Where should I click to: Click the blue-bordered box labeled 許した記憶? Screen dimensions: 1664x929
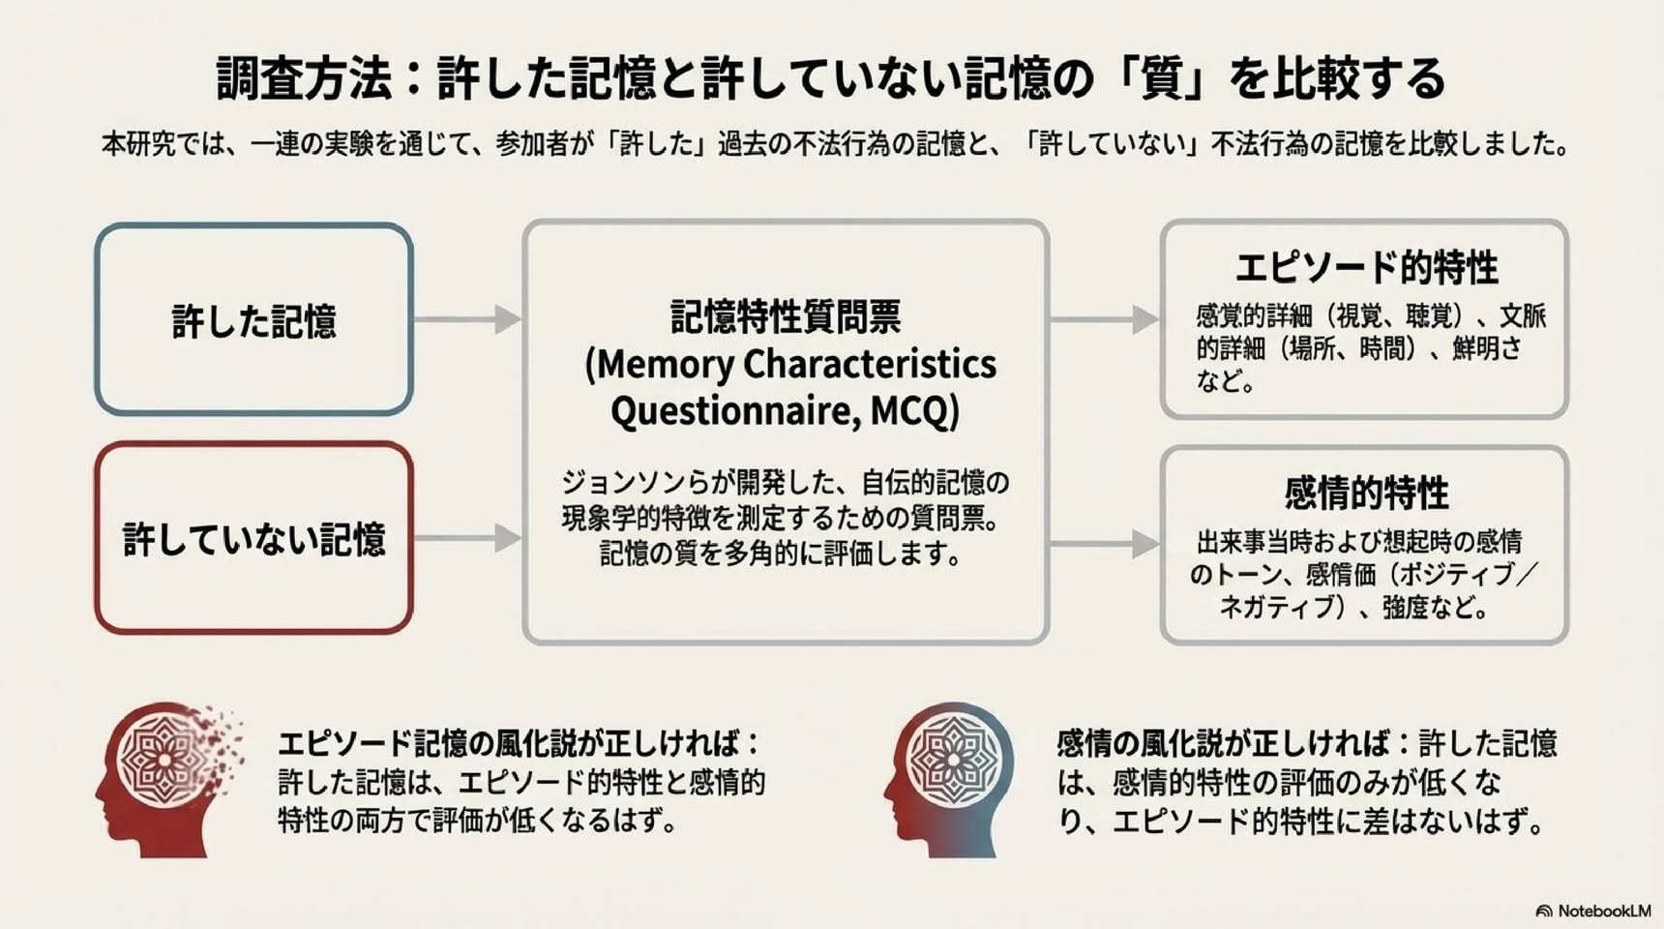tap(253, 319)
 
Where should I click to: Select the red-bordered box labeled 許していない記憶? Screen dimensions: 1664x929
tap(253, 538)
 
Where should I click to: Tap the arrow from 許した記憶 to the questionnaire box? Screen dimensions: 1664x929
tap(468, 319)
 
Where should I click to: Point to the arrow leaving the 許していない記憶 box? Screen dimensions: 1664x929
tap(468, 538)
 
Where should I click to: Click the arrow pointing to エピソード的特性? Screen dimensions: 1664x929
tap(1105, 319)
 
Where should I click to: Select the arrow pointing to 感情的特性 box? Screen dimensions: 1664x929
tap(1105, 544)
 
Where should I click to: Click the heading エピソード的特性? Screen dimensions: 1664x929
tap(1366, 268)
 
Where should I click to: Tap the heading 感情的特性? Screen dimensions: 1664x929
tap(1366, 494)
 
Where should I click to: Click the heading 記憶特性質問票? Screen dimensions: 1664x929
tap(786, 316)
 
